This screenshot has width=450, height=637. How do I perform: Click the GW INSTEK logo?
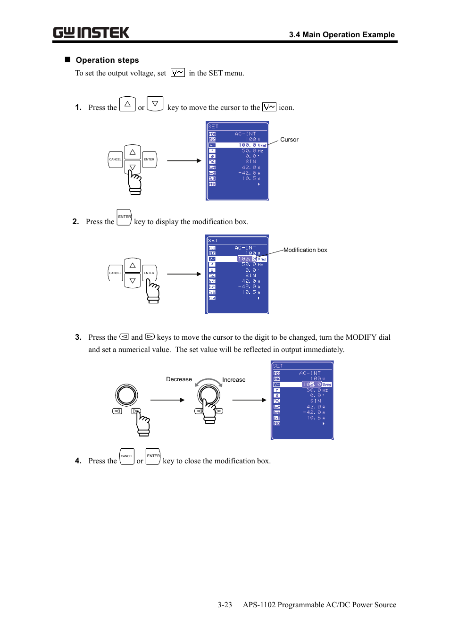coord(91,33)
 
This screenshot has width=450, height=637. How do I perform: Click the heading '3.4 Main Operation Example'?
coord(342,34)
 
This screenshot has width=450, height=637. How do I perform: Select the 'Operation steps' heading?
coord(107,60)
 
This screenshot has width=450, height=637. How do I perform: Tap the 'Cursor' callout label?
coord(289,140)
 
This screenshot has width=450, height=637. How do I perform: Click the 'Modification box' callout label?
coord(305,250)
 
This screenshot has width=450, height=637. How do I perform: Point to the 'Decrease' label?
coord(179,379)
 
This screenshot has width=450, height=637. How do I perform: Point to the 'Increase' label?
coord(233,380)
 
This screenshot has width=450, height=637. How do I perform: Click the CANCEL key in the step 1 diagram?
coord(115,159)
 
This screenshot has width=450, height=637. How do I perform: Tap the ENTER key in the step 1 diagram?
coord(149,159)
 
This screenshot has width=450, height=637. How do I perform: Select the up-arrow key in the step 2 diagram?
coord(133,266)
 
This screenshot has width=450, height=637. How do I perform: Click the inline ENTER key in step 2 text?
coord(124,218)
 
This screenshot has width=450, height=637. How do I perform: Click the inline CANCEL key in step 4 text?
coord(127,456)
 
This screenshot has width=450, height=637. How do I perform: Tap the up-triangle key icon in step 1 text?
coord(127,104)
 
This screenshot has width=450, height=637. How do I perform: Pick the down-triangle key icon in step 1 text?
coord(155,104)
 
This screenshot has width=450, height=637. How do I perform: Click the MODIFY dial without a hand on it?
coord(127,395)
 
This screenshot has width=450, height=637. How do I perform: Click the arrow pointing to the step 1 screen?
coord(184,161)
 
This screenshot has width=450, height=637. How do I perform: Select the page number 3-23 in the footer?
coord(225,605)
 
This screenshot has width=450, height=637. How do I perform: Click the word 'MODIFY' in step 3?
coord(361,337)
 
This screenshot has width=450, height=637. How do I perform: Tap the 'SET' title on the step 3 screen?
coord(278,366)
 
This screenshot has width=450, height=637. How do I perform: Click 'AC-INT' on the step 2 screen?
coord(245,248)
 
